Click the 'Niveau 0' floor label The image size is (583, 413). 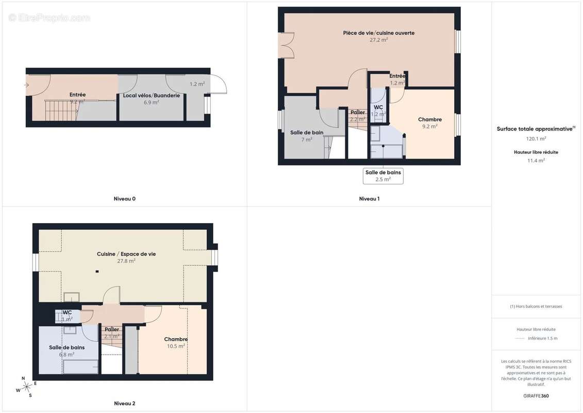pos(124,199)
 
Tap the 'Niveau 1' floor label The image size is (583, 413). pos(369,199)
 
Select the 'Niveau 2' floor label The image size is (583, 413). pos(124,404)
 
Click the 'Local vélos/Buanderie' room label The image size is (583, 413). pos(151,96)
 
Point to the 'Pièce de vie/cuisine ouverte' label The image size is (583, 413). pos(379,33)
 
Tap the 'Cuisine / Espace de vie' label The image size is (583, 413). pos(126,254)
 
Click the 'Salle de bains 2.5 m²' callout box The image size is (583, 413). pos(383,176)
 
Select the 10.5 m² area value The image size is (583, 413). pos(175,346)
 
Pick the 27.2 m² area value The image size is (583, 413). pos(379,40)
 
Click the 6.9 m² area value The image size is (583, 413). pos(151,102)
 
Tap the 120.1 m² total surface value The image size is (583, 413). pos(536,138)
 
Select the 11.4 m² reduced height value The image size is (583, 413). pos(536,160)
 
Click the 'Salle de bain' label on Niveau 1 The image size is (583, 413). pos(307,133)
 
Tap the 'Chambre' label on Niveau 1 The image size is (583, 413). pos(430,120)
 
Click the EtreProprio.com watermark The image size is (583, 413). pos(49,18)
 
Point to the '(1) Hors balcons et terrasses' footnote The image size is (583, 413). pos(536,306)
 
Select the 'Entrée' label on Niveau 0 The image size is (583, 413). pos(77,95)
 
